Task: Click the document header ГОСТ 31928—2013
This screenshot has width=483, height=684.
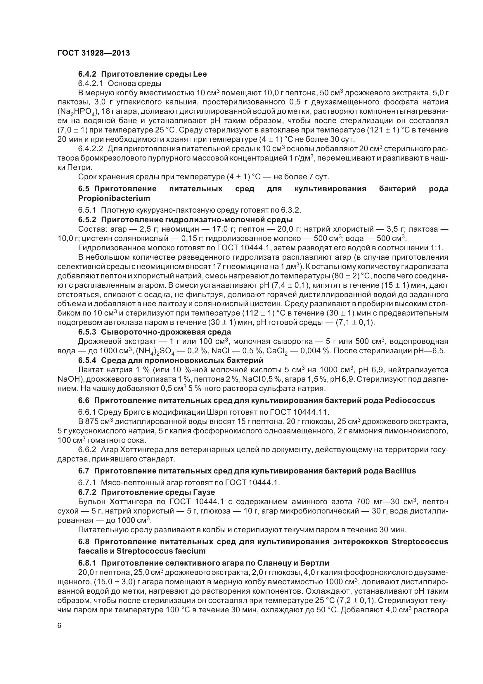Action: click(94, 53)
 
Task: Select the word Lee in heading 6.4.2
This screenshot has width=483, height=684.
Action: click(200, 74)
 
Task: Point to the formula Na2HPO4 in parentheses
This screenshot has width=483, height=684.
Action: click(76, 112)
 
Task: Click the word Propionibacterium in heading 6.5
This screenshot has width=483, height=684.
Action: click(114, 198)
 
